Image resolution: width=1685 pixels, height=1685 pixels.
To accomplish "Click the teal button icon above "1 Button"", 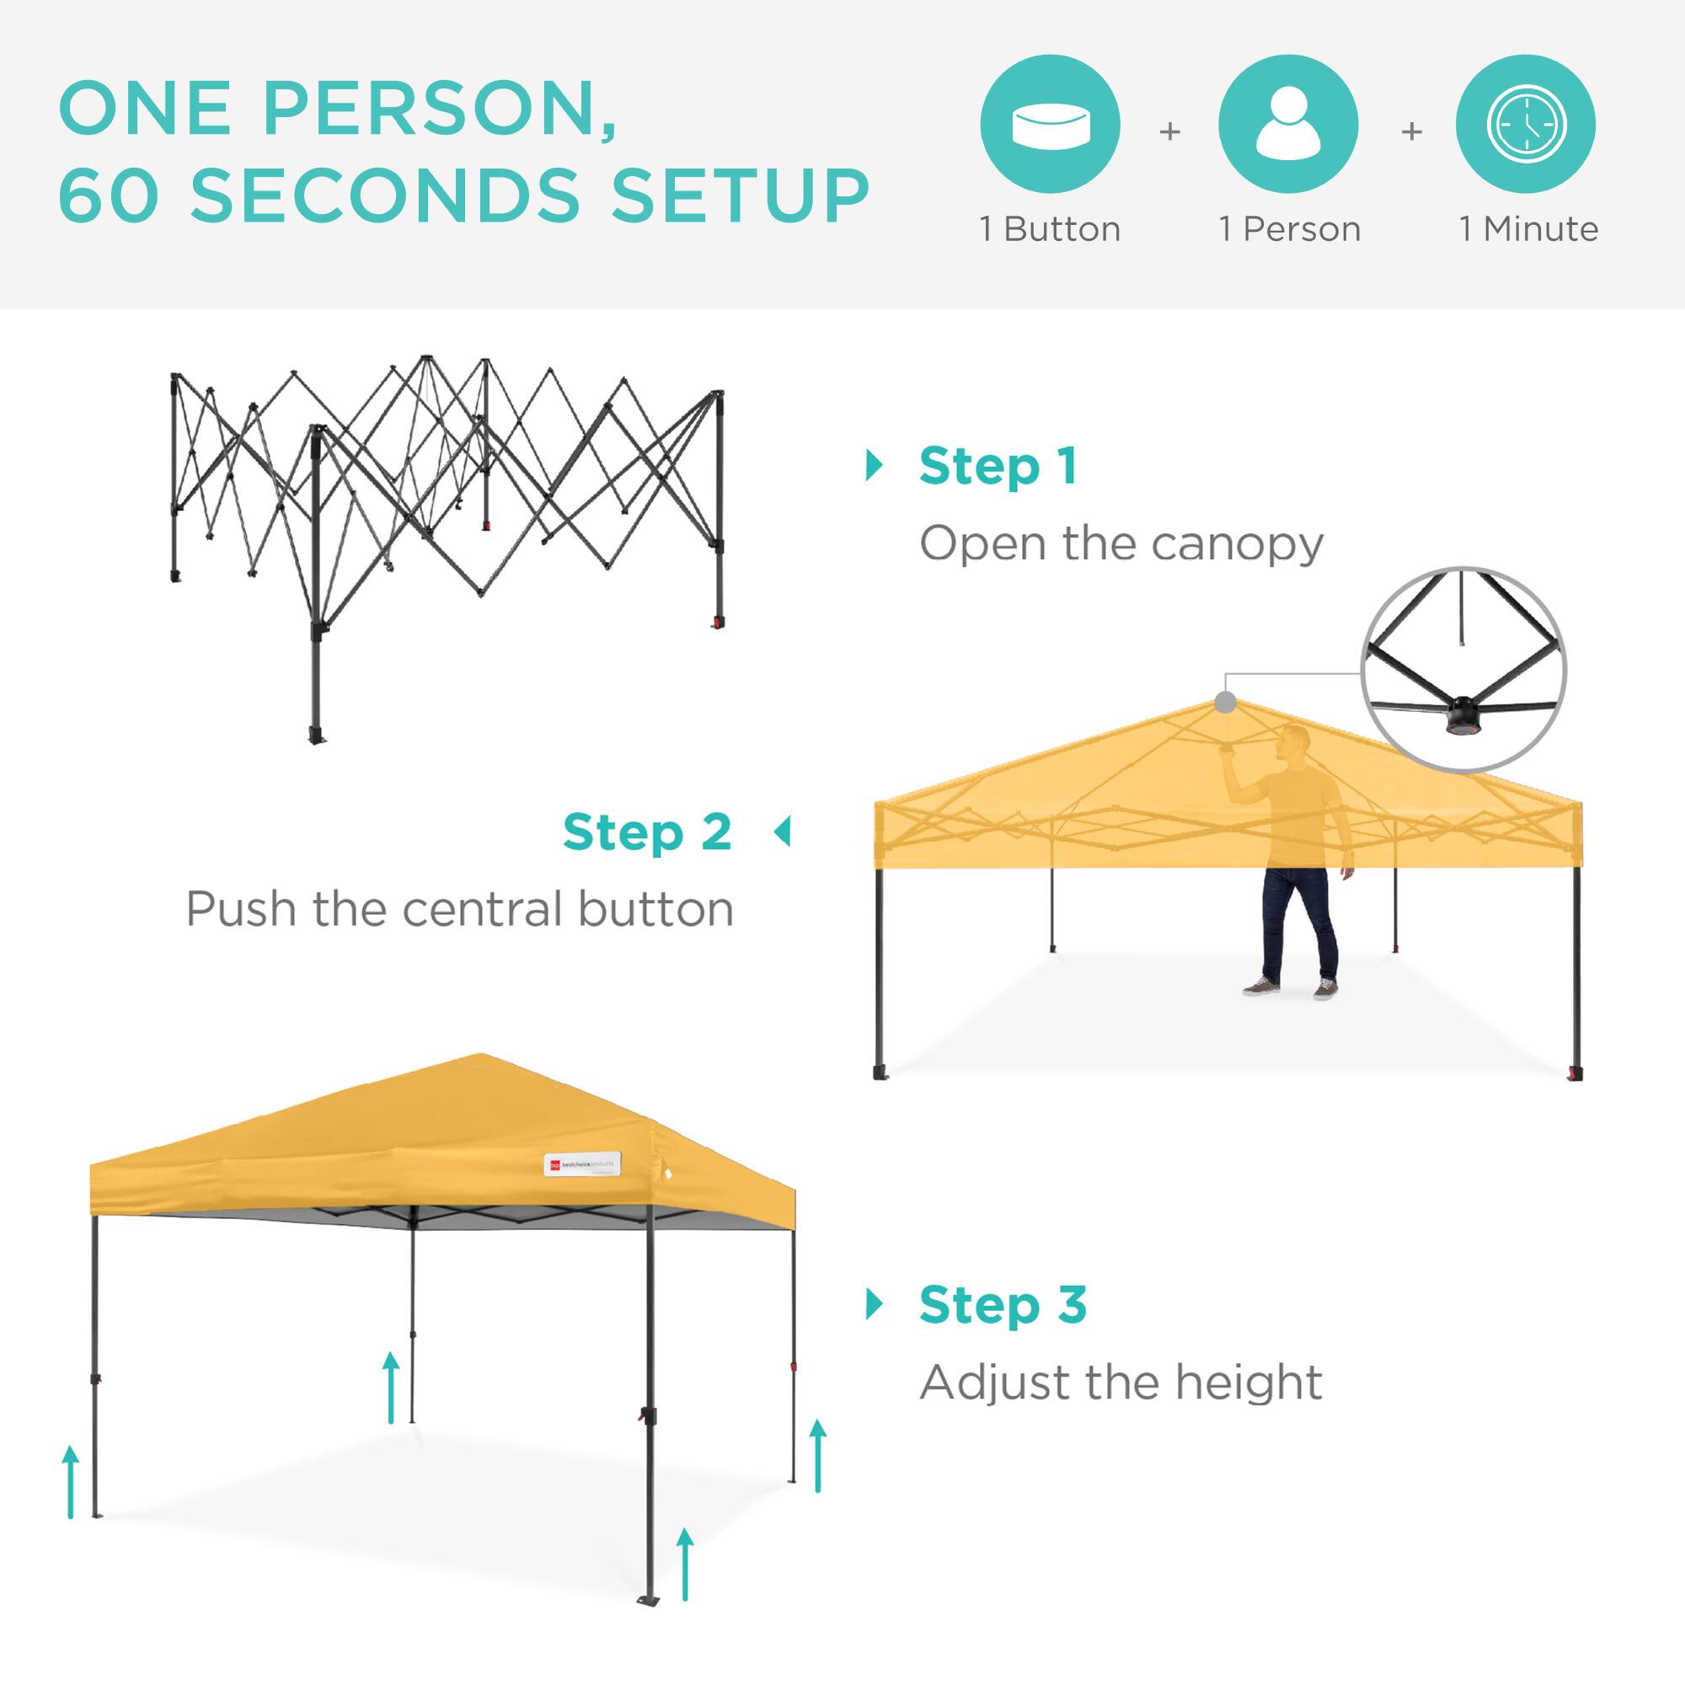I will tap(1049, 124).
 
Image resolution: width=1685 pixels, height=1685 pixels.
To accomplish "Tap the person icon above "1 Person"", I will tap(1287, 124).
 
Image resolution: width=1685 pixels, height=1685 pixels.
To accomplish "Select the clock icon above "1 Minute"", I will tap(1526, 124).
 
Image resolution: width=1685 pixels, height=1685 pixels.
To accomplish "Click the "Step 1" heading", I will tap(998, 467).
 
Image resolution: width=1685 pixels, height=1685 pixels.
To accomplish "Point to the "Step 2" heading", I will tap(646, 832).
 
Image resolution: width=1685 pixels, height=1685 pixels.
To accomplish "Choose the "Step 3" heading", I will tap(1003, 1305).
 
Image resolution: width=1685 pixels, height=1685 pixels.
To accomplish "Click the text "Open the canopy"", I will tap(1121, 544).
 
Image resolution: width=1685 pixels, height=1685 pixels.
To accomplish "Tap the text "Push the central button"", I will tap(460, 910).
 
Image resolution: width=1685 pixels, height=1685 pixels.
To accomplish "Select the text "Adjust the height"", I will tap(1121, 1383).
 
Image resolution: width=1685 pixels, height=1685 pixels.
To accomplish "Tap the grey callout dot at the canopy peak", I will tap(1225, 703).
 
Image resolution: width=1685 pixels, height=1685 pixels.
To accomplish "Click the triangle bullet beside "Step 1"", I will tap(874, 466).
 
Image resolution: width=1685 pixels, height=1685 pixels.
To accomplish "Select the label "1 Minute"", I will tap(1528, 229).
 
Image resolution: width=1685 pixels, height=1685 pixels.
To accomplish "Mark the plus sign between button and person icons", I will tap(1169, 131).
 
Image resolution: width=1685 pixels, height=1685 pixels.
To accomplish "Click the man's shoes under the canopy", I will tap(1290, 988).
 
